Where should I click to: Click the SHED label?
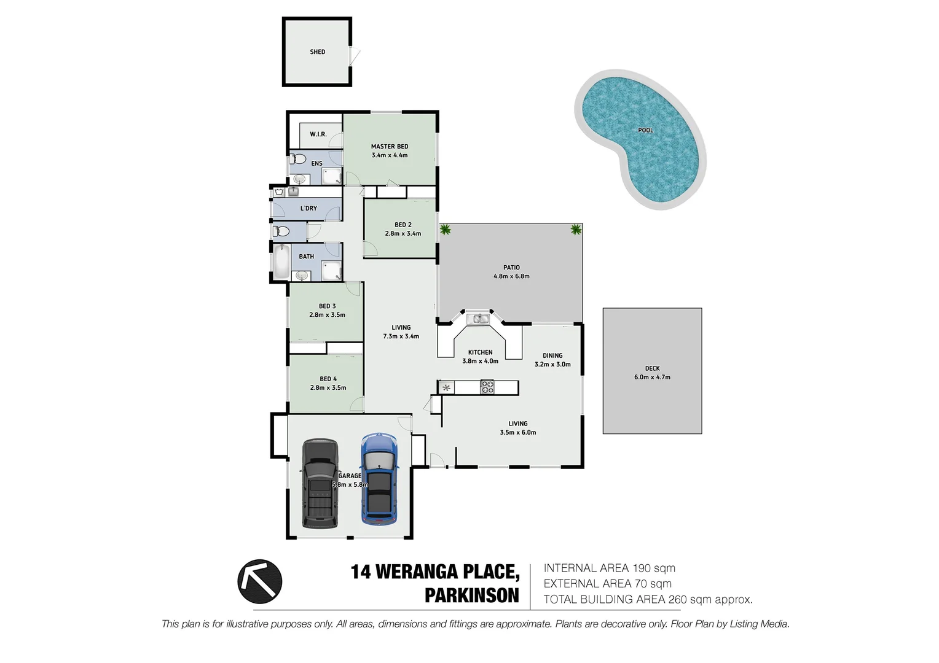click(x=317, y=52)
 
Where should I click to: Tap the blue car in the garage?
click(x=379, y=479)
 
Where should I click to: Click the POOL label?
click(x=645, y=130)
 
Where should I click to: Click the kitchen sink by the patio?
click(x=477, y=319)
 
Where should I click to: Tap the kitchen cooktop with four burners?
click(x=487, y=387)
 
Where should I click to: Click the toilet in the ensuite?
click(x=298, y=160)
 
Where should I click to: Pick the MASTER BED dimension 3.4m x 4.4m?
click(x=390, y=155)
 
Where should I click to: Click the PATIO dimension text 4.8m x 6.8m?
click(x=511, y=276)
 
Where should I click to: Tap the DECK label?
click(x=652, y=368)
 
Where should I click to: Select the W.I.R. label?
click(x=318, y=134)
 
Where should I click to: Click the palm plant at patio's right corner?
click(x=576, y=230)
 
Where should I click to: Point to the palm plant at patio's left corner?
click(x=445, y=230)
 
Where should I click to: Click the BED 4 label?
click(x=328, y=379)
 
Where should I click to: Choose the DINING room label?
click(x=552, y=355)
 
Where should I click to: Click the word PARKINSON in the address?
click(x=471, y=595)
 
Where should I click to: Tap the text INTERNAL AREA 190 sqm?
click(x=609, y=568)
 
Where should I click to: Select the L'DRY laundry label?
click(x=308, y=209)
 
